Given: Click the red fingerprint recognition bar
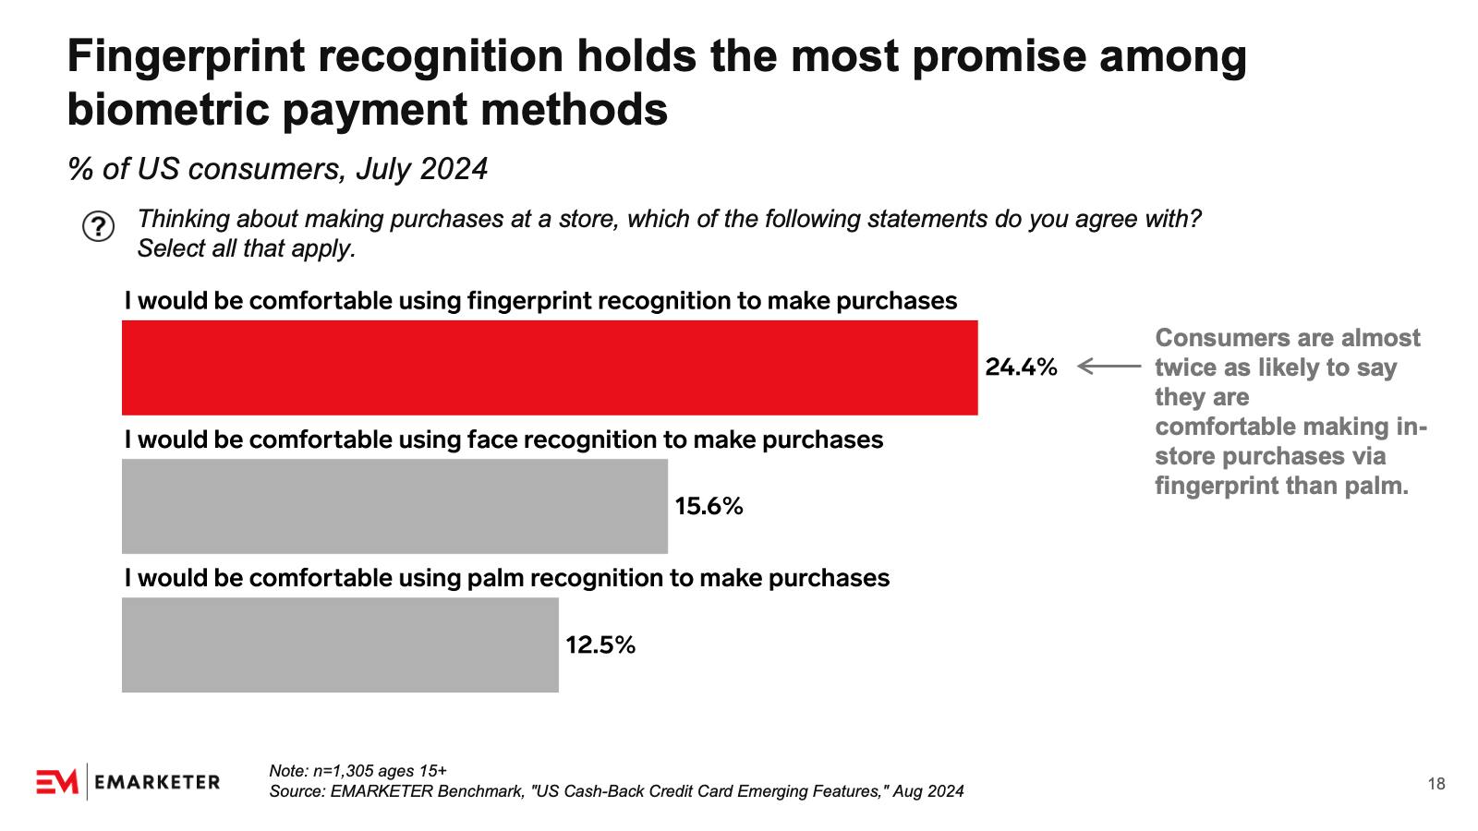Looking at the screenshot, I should [550, 367].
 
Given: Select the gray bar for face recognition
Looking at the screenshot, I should [394, 506].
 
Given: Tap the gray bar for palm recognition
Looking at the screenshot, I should [340, 644].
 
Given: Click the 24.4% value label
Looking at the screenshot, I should [1021, 367].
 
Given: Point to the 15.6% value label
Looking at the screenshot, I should [709, 506].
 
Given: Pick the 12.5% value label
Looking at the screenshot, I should [600, 644].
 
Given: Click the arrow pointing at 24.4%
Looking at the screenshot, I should [1109, 367].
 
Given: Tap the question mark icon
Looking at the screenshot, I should [98, 226].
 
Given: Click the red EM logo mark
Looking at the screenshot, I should [57, 782].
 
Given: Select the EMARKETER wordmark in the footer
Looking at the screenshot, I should [157, 782].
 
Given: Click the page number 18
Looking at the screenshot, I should [1436, 784].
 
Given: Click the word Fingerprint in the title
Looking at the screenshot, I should [186, 57].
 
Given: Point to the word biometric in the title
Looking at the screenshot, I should [166, 110].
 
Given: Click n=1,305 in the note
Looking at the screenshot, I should [343, 771].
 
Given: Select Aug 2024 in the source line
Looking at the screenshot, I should [928, 791].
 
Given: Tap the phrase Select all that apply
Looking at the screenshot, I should [246, 248].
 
